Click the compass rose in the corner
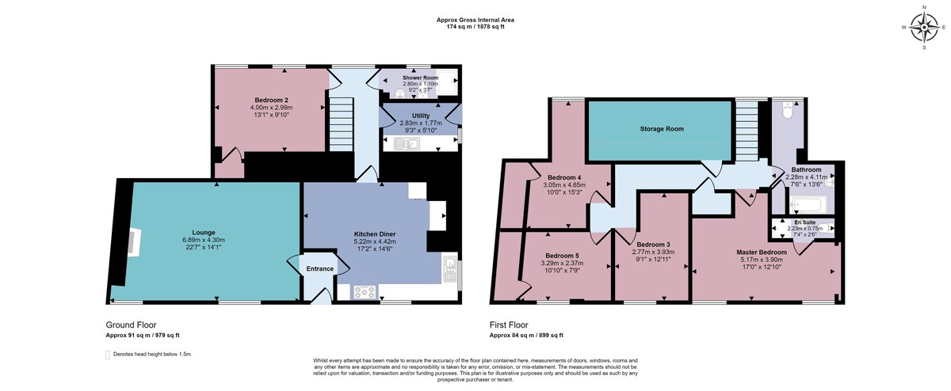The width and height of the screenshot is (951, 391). point(924,28)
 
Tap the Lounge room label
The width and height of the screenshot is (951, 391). point(204,233)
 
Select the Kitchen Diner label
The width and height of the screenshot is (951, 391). point(375,234)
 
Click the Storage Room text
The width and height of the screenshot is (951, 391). point(662,129)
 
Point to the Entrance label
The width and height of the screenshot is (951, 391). point(319,269)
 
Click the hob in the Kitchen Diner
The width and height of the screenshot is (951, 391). point(365,292)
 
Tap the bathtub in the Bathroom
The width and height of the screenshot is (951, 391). point(808,205)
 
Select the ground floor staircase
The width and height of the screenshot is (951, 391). point(342,124)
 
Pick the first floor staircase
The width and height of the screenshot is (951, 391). point(747,131)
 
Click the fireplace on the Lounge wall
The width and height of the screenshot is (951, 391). point(134,242)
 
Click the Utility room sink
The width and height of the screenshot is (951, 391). point(407,144)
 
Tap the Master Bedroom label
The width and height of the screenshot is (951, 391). point(762,252)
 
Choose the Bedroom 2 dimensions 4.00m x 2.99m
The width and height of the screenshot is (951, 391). point(271,108)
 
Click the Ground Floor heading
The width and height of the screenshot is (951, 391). point(132,325)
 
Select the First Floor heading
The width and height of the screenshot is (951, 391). point(509,325)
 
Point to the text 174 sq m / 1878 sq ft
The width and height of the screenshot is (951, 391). point(475,27)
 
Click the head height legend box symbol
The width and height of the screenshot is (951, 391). point(108,355)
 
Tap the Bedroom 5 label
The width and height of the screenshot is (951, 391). point(562,256)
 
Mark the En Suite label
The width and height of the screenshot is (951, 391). point(804,222)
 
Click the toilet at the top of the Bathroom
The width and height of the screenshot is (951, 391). point(788,111)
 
